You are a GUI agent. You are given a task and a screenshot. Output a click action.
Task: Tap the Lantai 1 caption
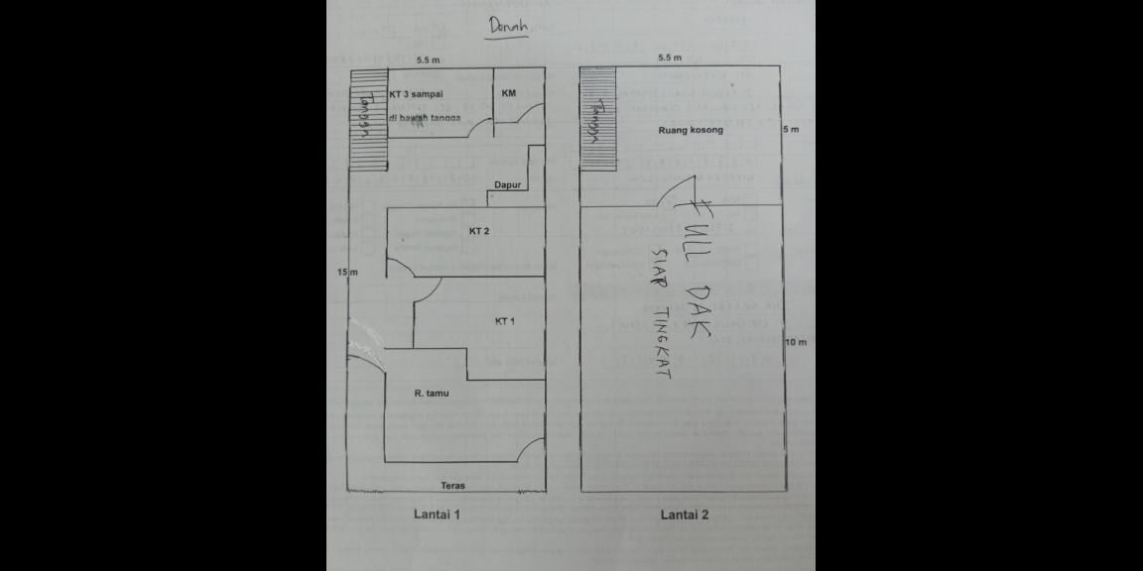tap(437, 514)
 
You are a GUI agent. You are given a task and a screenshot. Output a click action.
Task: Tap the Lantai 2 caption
tap(685, 514)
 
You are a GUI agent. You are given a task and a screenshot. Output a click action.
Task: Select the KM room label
tap(509, 93)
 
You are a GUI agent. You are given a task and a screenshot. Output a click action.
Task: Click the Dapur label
tap(509, 184)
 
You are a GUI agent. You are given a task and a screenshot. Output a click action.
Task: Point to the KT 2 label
tap(479, 231)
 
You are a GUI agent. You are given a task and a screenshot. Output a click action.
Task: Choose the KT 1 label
tap(504, 321)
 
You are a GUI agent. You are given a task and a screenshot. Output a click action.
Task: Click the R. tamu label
tap(432, 394)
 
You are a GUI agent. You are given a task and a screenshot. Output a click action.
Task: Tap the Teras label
tap(453, 486)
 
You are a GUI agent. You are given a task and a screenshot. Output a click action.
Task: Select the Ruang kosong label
tap(691, 130)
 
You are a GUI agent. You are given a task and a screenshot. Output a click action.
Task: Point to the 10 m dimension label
tap(796, 342)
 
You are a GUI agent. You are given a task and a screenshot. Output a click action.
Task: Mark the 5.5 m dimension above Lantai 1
tap(429, 60)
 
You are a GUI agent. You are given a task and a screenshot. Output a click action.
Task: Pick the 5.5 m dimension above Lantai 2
tap(671, 59)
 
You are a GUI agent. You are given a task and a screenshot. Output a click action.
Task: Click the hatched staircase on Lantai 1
tap(367, 119)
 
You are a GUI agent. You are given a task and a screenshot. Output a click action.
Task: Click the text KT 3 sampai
tap(416, 94)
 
